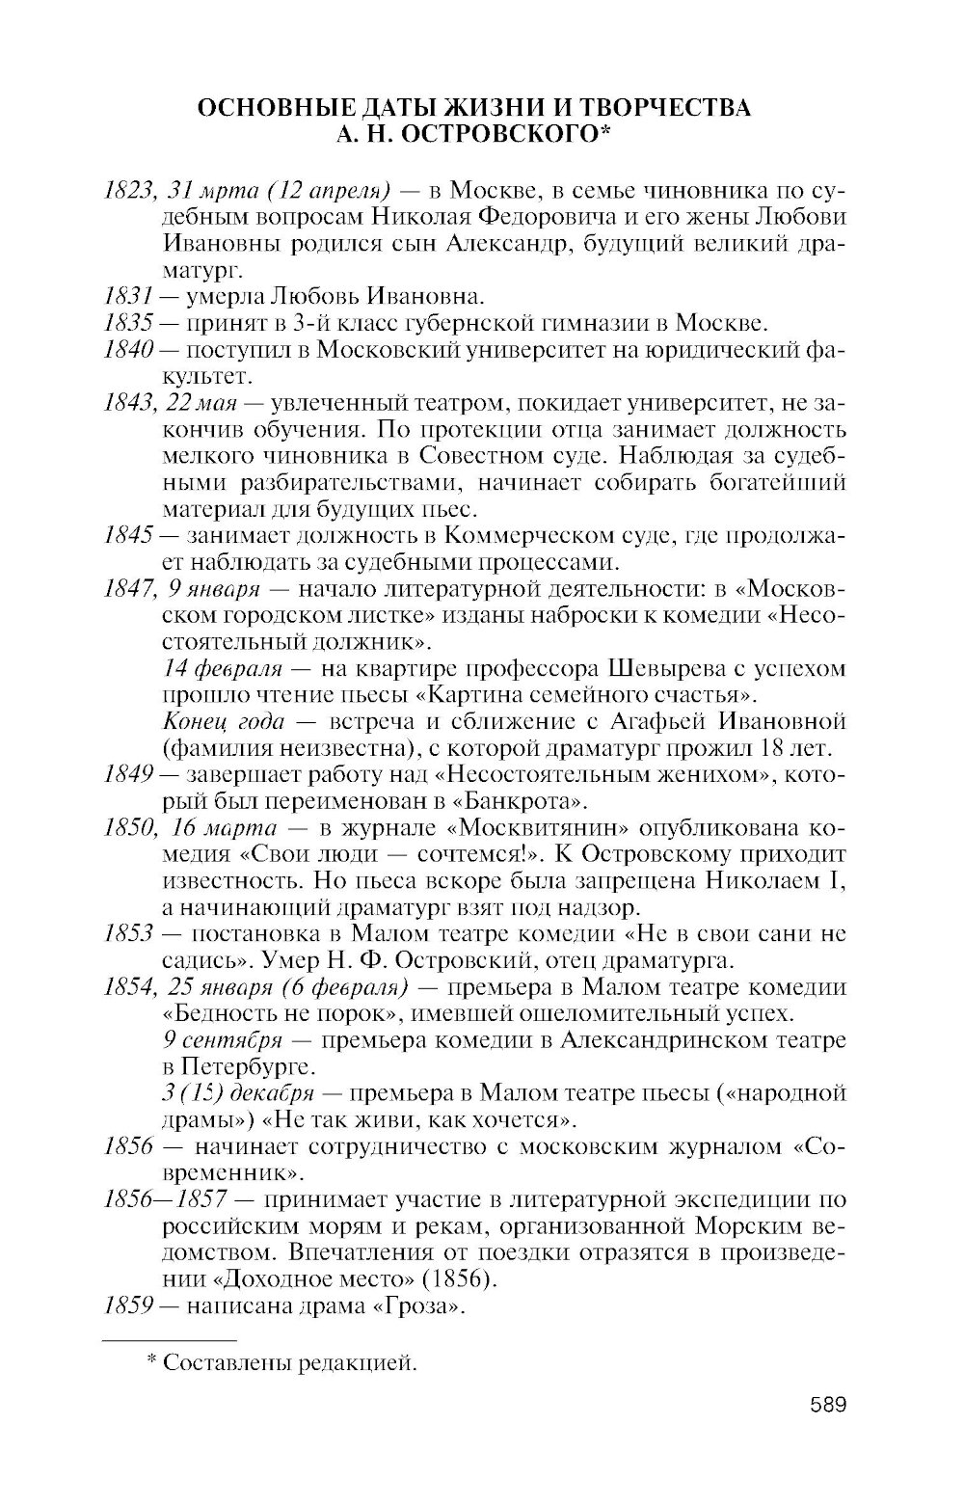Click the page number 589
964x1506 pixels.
point(827,1404)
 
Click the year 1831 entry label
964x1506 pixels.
point(128,295)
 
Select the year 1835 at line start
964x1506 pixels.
point(128,321)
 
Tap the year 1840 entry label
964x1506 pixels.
point(128,348)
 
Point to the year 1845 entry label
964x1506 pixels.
point(128,536)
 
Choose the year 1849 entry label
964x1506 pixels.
point(128,774)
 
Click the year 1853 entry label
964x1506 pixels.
point(128,934)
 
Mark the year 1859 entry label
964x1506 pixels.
point(128,1306)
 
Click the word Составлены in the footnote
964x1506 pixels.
point(225,1362)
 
